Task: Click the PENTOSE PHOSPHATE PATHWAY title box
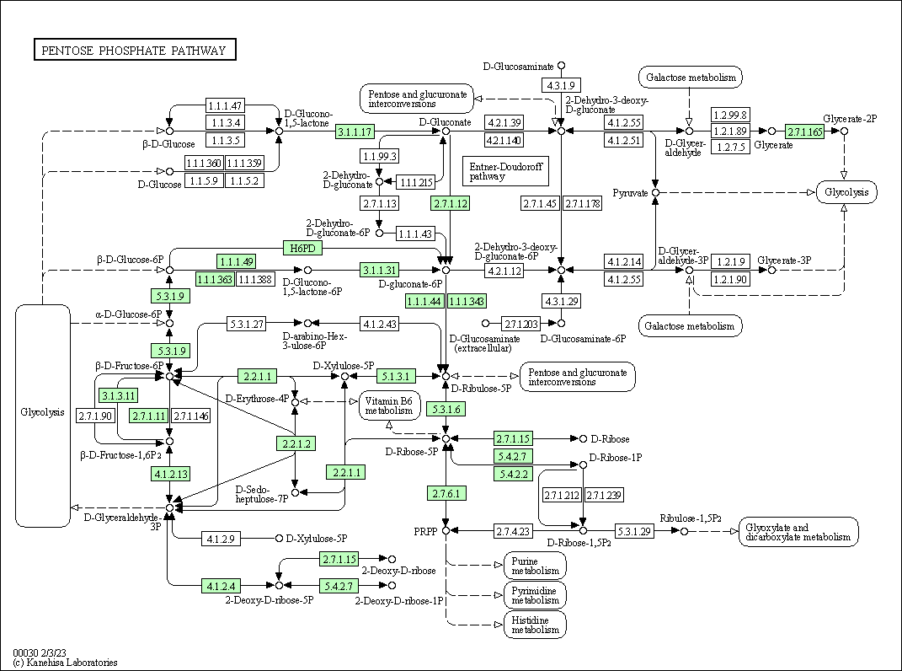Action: [x=135, y=51]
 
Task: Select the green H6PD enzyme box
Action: [x=302, y=248]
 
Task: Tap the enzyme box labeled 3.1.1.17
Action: [x=355, y=132]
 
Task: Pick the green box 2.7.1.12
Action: [x=450, y=203]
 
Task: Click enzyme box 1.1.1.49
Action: [x=236, y=261]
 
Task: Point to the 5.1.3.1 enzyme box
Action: [x=396, y=376]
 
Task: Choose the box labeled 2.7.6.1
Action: [x=446, y=493]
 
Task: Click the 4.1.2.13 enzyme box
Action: [x=170, y=474]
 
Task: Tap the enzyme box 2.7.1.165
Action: [x=804, y=132]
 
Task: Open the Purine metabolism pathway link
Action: [x=535, y=566]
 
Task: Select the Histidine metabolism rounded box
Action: [x=535, y=625]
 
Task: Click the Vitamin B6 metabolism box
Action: [x=391, y=405]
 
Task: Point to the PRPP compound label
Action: [x=424, y=532]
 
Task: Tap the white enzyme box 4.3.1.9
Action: [x=561, y=85]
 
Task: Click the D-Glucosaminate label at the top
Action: [x=518, y=66]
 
